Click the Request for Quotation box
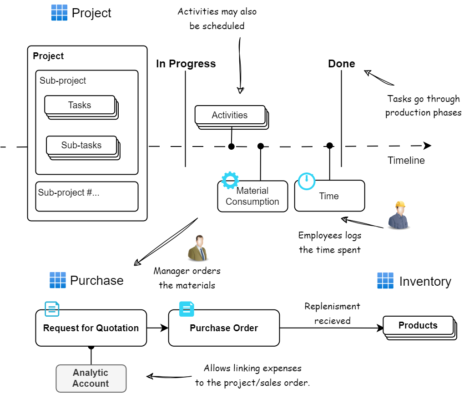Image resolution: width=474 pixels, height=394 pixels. coord(91,328)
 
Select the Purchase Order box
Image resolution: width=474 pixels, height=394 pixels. coord(224,328)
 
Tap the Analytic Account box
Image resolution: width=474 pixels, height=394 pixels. coord(91,378)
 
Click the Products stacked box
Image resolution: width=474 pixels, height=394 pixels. coord(418,326)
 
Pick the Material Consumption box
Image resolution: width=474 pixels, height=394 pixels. coord(252,197)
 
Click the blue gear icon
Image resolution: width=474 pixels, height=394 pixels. coord(230,180)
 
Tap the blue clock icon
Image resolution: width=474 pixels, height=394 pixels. coord(307,181)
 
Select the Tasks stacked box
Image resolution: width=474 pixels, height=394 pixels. coord(80,106)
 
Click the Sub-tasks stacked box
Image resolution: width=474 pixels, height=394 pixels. coord(82,146)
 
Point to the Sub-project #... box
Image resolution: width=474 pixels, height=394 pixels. coord(86,197)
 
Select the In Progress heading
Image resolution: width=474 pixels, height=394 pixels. coord(186,64)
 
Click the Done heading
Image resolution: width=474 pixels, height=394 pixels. coord(341,64)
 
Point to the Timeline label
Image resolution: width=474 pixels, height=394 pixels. coord(406,161)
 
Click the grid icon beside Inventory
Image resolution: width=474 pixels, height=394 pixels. coord(385,281)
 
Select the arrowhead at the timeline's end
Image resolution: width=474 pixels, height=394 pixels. coord(427,146)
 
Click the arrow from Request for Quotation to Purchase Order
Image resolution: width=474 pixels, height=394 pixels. coord(157,328)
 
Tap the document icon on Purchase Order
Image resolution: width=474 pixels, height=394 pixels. coord(187,309)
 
